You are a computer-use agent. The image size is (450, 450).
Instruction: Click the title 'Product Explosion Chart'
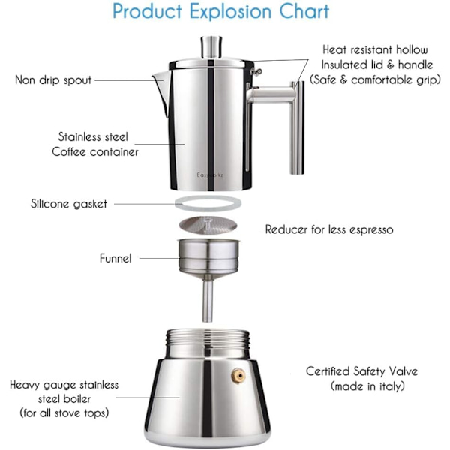click(x=220, y=11)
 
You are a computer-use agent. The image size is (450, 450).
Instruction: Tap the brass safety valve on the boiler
click(x=238, y=376)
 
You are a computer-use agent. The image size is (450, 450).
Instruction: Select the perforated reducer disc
click(x=208, y=225)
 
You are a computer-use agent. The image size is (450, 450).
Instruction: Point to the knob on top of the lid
click(x=211, y=46)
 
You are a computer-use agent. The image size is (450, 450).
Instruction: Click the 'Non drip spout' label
click(x=53, y=80)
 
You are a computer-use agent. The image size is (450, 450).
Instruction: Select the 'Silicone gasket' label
click(x=69, y=204)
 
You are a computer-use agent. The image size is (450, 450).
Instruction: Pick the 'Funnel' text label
click(x=115, y=258)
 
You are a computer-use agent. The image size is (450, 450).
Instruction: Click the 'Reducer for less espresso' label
click(x=329, y=229)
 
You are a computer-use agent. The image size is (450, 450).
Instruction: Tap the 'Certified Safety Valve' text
click(x=361, y=371)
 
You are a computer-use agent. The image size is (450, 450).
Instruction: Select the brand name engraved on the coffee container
click(x=210, y=175)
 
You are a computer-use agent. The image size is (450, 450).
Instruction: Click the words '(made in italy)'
click(x=367, y=386)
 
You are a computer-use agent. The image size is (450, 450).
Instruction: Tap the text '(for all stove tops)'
click(x=64, y=413)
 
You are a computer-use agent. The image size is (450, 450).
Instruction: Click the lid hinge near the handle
click(x=256, y=71)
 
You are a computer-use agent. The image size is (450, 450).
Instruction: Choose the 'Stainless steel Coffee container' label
click(x=94, y=144)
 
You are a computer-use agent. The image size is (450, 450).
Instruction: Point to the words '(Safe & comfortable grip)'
click(x=375, y=79)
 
